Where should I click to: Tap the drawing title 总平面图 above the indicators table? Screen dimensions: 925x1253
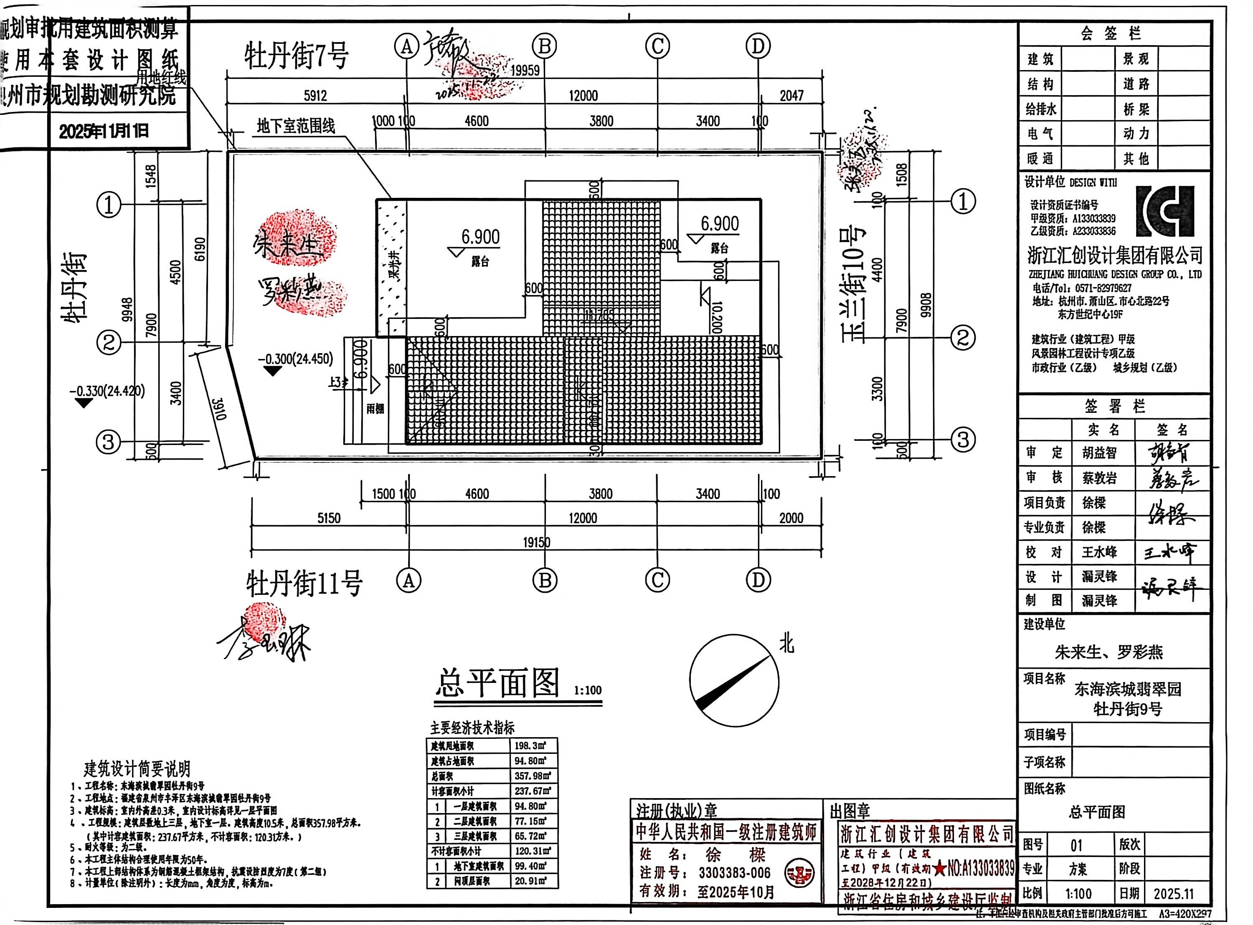(x=497, y=683)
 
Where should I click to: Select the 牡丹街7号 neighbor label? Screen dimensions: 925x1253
(x=296, y=56)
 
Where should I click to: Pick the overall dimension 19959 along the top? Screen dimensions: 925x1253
(x=525, y=71)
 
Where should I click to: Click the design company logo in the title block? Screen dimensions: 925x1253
(x=1165, y=211)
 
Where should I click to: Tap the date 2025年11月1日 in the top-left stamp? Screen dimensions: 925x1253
(x=104, y=131)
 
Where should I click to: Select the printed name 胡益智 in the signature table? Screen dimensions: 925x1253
(x=1099, y=452)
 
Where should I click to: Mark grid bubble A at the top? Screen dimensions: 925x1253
(x=407, y=46)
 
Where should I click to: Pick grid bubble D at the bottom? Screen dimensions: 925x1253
(x=758, y=580)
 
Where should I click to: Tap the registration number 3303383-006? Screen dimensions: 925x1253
(x=734, y=873)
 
